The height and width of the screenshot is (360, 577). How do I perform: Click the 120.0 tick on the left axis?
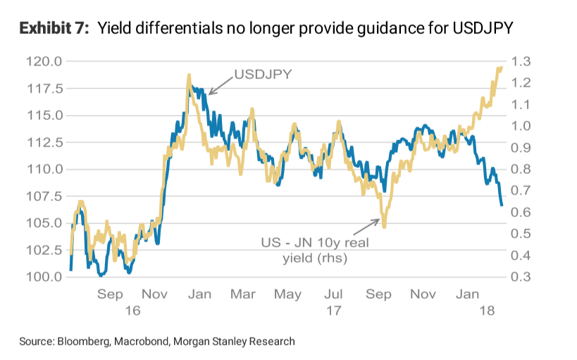(43, 62)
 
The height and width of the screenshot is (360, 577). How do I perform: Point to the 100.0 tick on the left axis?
(43, 277)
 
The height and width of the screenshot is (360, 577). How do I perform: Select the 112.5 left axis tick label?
(43, 142)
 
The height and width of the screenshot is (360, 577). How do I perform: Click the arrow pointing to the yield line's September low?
(366, 227)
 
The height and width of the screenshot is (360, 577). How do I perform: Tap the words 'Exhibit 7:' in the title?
(54, 29)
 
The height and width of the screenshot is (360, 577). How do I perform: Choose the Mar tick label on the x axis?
(243, 294)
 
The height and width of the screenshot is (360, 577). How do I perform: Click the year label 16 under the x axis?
(133, 310)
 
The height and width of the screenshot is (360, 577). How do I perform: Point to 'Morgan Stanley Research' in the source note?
(236, 341)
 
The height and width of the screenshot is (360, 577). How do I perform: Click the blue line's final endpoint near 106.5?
(502, 205)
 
